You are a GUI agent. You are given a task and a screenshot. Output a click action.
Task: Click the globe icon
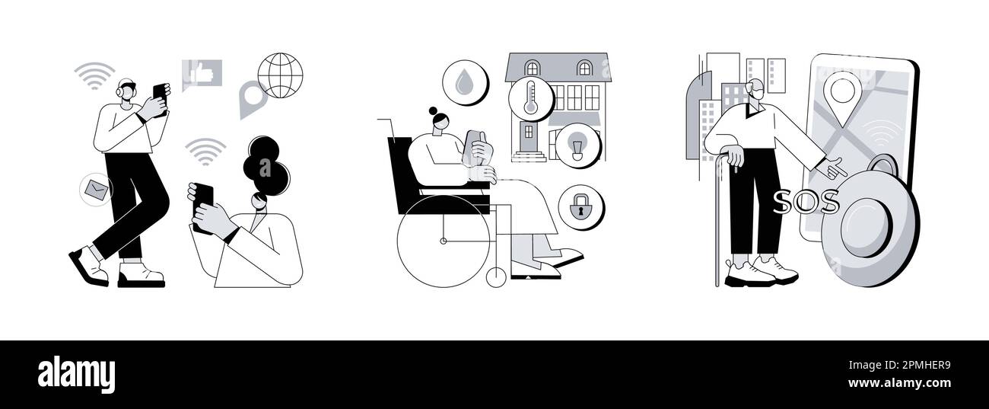click(x=280, y=75)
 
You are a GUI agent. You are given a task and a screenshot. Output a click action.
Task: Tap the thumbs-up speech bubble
click(x=202, y=74)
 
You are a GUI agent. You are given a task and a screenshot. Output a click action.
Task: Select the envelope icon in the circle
click(x=97, y=189)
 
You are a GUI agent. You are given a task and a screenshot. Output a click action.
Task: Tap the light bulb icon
click(x=577, y=145)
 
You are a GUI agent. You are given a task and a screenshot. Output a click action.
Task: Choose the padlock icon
click(x=580, y=206)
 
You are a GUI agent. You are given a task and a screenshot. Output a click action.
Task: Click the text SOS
click(x=806, y=203)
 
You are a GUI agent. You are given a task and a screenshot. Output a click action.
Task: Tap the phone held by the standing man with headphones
click(x=159, y=94)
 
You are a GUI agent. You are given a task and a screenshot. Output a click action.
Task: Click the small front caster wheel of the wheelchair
click(x=496, y=277)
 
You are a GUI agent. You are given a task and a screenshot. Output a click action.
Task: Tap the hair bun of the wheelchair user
click(x=433, y=111)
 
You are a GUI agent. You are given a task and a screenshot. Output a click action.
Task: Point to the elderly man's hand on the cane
click(x=735, y=155)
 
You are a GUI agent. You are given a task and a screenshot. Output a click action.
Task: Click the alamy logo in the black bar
click(x=76, y=375)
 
